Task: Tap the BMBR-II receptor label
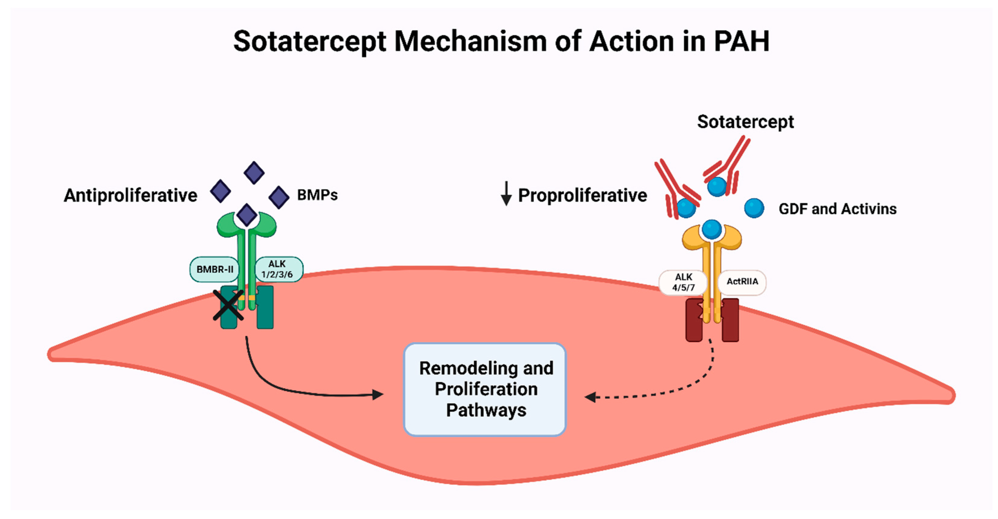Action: tap(215, 269)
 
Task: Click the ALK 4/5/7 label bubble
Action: tap(683, 282)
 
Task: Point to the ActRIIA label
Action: tap(742, 282)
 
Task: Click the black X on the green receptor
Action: tap(228, 305)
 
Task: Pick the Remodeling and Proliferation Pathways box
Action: tap(485, 389)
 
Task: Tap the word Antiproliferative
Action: tap(131, 195)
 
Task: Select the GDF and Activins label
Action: tap(837, 209)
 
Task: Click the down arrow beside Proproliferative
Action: tap(506, 194)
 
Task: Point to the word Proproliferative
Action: tap(582, 195)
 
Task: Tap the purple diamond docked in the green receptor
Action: tap(247, 215)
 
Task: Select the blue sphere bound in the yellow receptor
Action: tap(712, 229)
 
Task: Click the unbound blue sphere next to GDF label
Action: tap(754, 208)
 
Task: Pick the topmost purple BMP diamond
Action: tap(254, 173)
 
